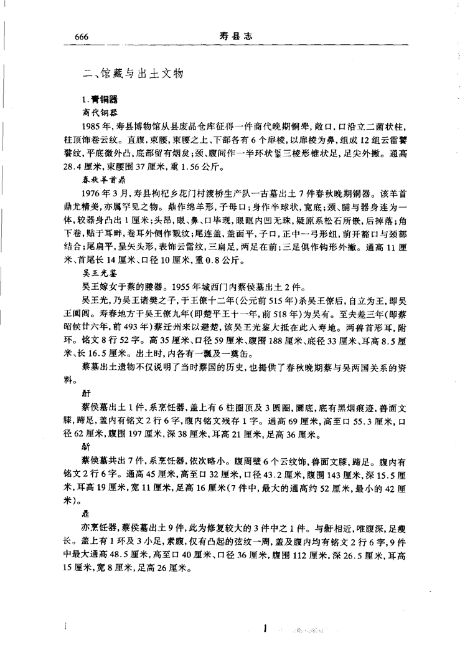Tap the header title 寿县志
click(x=234, y=37)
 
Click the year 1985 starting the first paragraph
click(x=90, y=125)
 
